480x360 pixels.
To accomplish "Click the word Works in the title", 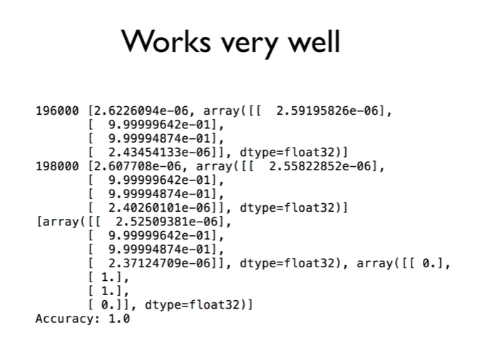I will click(166, 43).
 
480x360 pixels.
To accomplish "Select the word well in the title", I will click(313, 43).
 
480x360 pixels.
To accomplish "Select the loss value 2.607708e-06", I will click(141, 167).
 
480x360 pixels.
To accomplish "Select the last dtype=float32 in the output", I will click(195, 305).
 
